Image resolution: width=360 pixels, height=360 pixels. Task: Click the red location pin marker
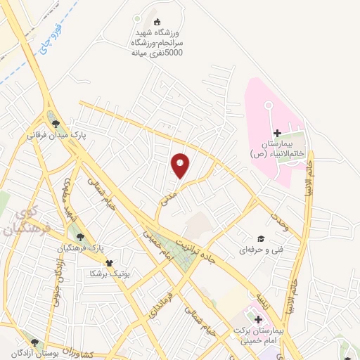(181, 165)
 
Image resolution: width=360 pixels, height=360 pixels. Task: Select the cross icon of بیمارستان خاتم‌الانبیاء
(277, 133)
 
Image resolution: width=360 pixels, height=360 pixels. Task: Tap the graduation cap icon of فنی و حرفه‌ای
(261, 239)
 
